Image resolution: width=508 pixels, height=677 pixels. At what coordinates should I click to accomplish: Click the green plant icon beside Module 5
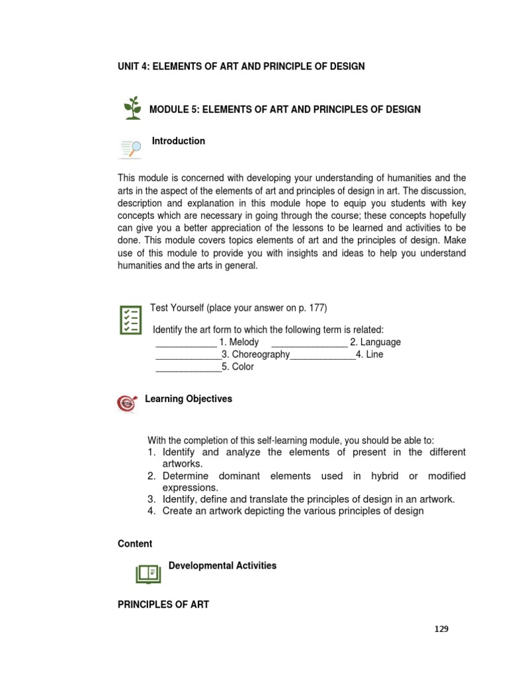133,108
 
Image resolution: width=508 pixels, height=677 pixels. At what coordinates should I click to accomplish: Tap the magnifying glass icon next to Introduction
130,149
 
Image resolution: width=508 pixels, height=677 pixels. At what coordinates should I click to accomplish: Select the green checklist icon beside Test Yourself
130,320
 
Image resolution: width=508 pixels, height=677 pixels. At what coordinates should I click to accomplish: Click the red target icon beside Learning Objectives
126,403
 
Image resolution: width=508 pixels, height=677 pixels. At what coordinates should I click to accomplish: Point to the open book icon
148,573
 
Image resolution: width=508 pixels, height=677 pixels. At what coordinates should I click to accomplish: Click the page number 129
441,629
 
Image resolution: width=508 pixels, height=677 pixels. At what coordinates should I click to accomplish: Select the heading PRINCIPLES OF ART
163,604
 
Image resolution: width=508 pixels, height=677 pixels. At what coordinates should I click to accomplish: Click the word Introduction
179,141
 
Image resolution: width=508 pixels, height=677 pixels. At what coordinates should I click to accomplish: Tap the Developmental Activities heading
222,566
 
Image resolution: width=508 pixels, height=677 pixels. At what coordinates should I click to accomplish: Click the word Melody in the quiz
243,342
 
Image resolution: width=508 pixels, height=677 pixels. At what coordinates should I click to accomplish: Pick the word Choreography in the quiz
260,354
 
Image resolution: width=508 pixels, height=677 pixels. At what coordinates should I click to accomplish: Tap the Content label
135,543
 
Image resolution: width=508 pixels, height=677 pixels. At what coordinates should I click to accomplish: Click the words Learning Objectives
189,399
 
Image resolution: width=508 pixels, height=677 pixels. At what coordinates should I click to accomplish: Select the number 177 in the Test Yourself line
316,308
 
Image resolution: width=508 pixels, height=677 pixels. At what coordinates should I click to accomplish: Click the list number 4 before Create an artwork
151,511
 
